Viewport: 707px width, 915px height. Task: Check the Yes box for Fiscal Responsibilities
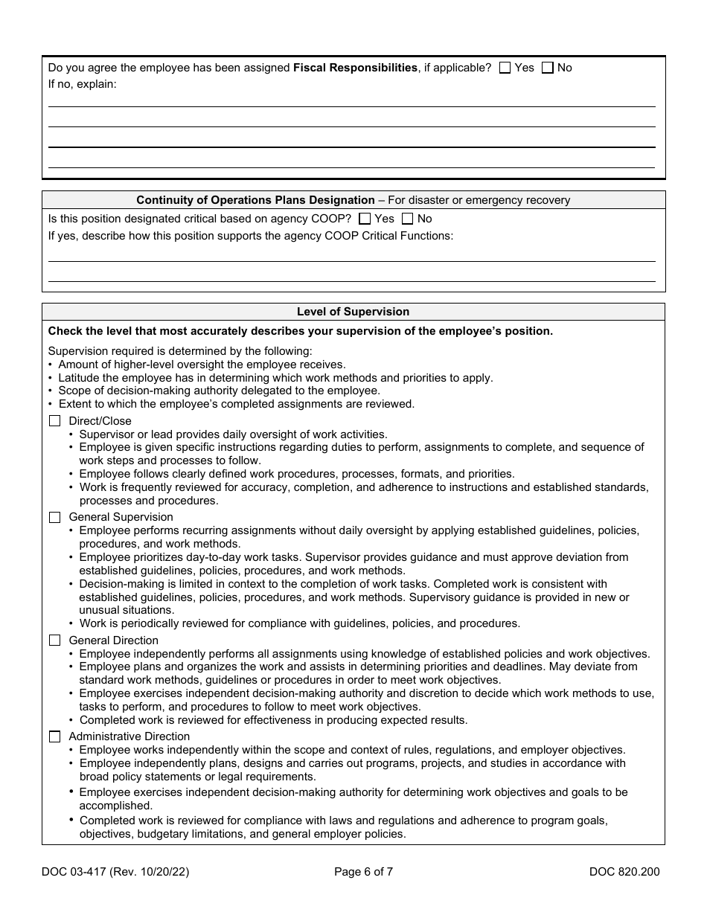[x=505, y=68]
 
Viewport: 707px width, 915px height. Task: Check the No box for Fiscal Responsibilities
[x=548, y=68]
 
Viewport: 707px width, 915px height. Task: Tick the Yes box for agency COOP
[x=365, y=219]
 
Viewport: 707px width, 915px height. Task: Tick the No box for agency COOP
[x=407, y=219]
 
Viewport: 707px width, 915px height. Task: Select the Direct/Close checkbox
[x=54, y=421]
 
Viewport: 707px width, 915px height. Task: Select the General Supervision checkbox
[x=54, y=517]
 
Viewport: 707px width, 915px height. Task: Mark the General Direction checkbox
[x=54, y=640]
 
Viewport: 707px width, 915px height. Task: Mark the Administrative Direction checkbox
[x=54, y=736]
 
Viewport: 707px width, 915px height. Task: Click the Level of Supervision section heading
[x=353, y=312]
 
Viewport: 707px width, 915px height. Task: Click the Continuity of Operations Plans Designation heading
[x=255, y=200]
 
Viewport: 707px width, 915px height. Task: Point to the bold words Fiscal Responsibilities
[x=355, y=68]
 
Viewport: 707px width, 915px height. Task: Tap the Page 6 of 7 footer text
[x=363, y=873]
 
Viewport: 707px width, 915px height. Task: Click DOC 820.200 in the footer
[x=624, y=873]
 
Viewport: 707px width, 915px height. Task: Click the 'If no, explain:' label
[x=83, y=84]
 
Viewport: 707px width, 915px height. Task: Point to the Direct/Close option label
[x=100, y=421]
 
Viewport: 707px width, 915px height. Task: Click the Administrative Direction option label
[x=129, y=736]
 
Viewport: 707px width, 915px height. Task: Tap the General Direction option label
[x=113, y=640]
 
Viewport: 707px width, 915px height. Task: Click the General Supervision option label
[x=121, y=517]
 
